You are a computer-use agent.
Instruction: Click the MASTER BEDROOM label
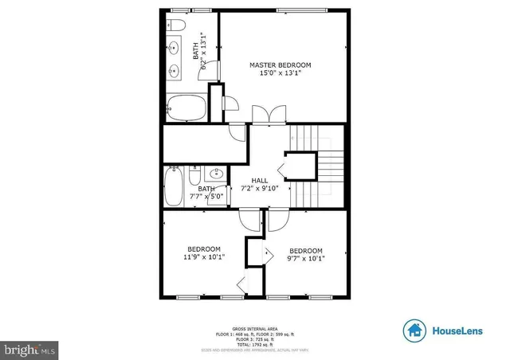(280, 65)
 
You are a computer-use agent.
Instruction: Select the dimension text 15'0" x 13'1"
(280, 73)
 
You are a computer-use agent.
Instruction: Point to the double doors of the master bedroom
(265, 115)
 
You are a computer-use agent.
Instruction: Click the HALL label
(260, 180)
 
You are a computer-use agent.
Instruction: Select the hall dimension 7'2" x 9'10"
(260, 189)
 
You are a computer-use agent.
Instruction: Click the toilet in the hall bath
(194, 173)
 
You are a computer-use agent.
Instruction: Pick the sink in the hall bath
(215, 173)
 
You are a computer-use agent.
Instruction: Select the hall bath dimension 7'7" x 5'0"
(204, 197)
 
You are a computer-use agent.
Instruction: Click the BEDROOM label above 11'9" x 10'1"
(204, 248)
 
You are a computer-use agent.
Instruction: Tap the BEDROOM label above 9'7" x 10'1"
(306, 249)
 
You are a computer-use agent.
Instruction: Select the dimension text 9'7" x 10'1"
(306, 258)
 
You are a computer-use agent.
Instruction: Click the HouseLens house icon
(414, 330)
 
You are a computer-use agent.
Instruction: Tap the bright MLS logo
(29, 349)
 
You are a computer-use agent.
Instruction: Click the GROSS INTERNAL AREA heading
(255, 328)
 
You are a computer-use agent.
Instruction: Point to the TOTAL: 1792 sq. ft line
(255, 344)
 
